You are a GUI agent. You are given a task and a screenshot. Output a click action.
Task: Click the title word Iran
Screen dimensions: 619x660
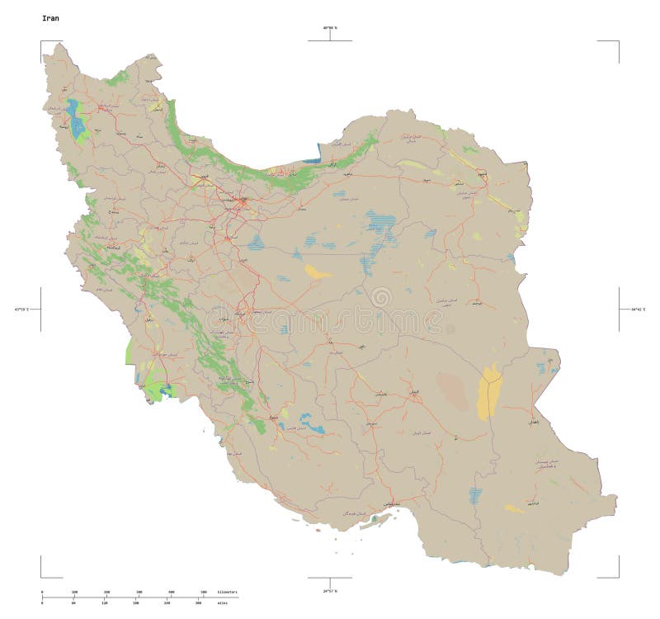pos(50,17)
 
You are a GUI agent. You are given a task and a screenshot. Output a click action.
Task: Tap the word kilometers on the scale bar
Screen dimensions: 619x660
pos(227,593)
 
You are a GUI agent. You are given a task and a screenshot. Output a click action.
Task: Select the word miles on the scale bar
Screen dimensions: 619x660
pos(222,603)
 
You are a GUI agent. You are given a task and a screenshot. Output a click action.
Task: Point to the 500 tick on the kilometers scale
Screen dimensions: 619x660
pos(204,593)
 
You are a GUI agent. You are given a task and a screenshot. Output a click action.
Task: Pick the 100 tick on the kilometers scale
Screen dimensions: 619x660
pos(74,593)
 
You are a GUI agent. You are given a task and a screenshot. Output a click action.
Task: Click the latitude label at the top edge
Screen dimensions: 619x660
pos(330,28)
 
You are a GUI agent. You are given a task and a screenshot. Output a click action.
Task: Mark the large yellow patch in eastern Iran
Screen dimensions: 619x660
pos(488,392)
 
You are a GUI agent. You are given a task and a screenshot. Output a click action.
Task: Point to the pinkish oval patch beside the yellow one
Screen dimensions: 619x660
pos(452,390)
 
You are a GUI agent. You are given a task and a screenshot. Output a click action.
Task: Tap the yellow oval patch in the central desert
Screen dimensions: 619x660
pos(318,272)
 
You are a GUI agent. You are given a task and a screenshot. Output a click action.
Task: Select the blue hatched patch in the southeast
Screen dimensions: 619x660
pos(476,495)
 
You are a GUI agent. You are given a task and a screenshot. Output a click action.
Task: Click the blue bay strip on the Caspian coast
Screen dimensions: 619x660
pos(311,160)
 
